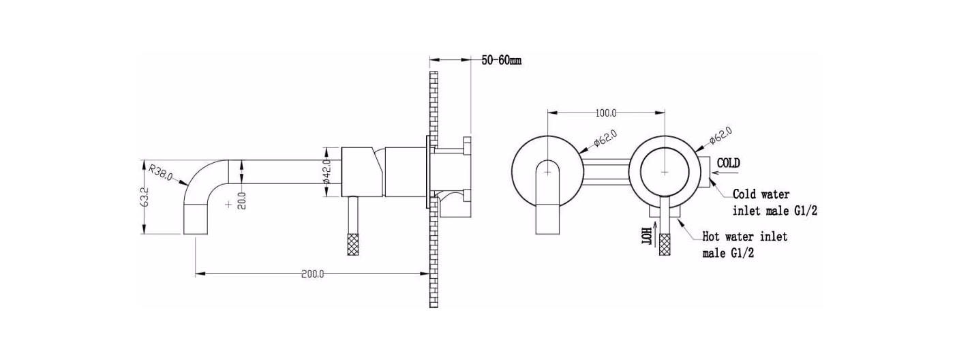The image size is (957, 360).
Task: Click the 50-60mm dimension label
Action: [501, 60]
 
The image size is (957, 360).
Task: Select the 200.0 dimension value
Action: [312, 274]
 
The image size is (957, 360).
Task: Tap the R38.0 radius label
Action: [161, 171]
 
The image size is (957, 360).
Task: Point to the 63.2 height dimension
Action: [144, 197]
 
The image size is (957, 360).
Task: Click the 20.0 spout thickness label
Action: [242, 200]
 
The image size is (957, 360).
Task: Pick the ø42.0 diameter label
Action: [326, 171]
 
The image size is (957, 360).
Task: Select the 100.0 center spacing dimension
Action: [606, 113]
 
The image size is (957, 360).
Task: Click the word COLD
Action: [729, 163]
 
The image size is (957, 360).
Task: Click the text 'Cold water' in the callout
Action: [761, 194]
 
